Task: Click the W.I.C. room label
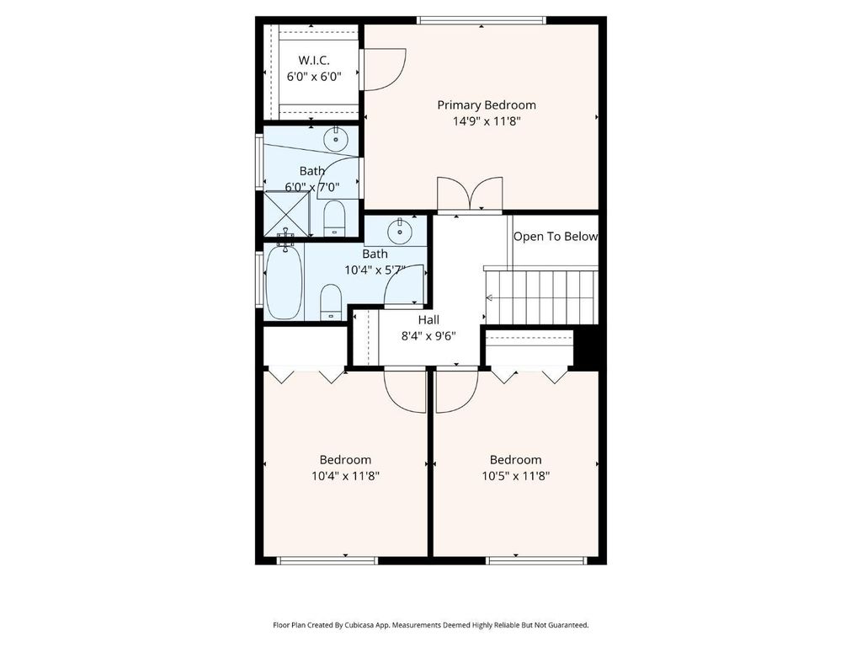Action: [x=314, y=60]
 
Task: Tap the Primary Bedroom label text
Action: [x=487, y=104]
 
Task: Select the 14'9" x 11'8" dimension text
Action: [x=487, y=121]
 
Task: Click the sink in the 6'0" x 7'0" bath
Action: [x=335, y=139]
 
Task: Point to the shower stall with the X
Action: [x=286, y=214]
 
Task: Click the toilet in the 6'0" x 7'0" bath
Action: [x=333, y=218]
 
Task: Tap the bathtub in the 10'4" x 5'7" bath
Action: [x=285, y=281]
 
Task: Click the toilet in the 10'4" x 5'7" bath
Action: [x=330, y=302]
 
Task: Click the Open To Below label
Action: [x=556, y=237]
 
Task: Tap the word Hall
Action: [x=428, y=319]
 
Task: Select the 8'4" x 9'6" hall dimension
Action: [x=428, y=336]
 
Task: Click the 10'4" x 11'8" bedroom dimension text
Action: [x=346, y=476]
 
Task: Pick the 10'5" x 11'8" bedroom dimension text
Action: [x=516, y=476]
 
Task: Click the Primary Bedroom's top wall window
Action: [x=482, y=21]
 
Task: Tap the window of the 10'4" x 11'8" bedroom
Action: [x=327, y=560]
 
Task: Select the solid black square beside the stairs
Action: [x=586, y=346]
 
